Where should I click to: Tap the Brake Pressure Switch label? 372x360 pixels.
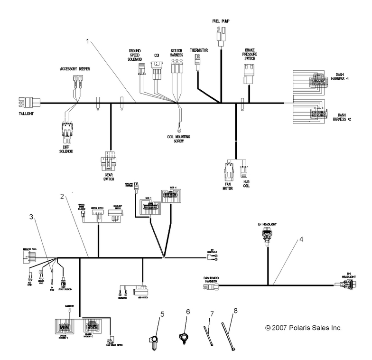(250, 55)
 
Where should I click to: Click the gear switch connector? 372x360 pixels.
(109, 161)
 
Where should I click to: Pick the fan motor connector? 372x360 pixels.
(228, 170)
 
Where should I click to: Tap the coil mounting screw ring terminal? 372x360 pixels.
(179, 127)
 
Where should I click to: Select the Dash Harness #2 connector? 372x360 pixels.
(318, 114)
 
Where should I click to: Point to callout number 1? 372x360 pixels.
(87, 41)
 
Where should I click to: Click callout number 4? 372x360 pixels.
(300, 239)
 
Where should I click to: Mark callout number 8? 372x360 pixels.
(236, 312)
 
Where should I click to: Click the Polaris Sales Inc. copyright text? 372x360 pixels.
(304, 328)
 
